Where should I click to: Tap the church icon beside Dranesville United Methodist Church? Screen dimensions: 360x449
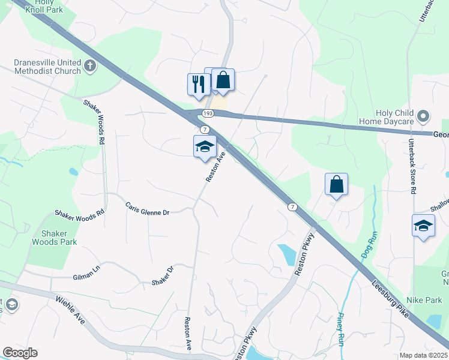[90, 65]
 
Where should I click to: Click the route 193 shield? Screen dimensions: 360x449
[208, 113]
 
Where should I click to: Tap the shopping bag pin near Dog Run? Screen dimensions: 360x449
[337, 185]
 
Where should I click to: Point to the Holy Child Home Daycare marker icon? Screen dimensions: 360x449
[424, 116]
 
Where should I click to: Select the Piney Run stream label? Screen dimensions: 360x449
[340, 330]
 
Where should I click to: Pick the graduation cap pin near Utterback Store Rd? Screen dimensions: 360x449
[423, 226]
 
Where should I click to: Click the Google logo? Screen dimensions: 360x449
[20, 353]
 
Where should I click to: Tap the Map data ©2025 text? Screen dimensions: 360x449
[423, 355]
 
